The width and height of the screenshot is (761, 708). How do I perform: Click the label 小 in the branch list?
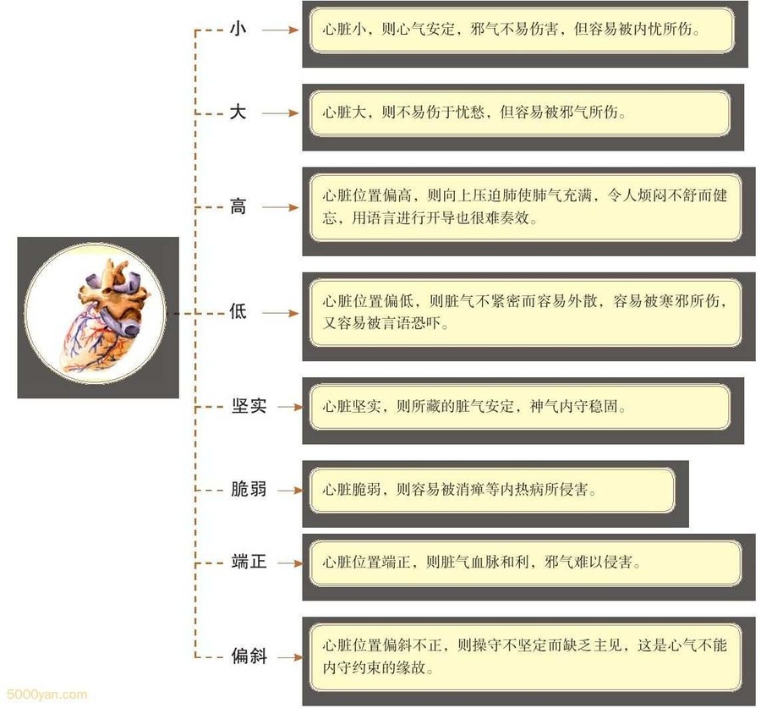(238, 29)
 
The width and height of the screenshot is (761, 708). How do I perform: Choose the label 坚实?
(249, 406)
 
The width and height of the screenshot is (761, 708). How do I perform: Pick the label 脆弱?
(249, 490)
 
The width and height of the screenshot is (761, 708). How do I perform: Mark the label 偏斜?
(249, 656)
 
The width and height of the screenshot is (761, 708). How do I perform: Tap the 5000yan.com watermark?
(44, 695)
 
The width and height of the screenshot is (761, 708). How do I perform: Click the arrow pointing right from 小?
(280, 30)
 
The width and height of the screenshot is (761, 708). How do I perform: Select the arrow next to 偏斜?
(287, 656)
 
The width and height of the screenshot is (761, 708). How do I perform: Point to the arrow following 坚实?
(287, 407)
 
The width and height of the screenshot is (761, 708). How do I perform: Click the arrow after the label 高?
(280, 207)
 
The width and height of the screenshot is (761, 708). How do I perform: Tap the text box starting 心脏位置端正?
(524, 563)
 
